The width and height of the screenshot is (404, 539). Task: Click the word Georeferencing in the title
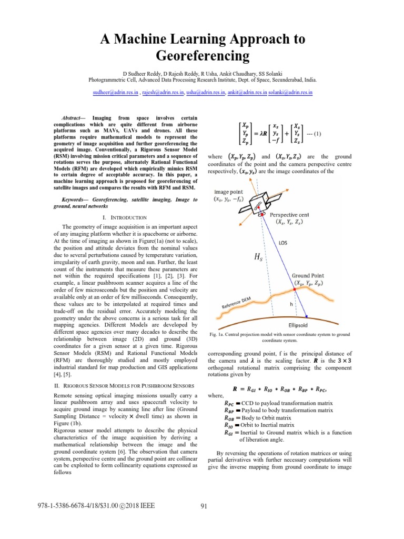pyautogui.click(x=201, y=55)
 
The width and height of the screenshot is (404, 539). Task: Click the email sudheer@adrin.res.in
pyautogui.click(x=113, y=92)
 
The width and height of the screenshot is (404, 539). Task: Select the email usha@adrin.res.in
pyautogui.click(x=205, y=92)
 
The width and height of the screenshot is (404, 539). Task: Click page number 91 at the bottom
pyautogui.click(x=206, y=506)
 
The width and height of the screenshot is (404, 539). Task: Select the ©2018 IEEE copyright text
pyautogui.click(x=139, y=506)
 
